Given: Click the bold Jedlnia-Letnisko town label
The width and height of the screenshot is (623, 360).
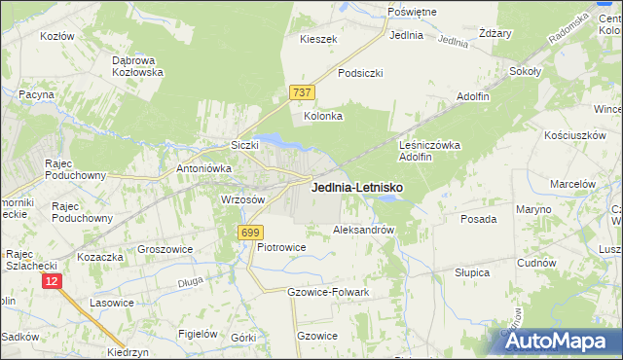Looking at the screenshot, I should click(x=357, y=188).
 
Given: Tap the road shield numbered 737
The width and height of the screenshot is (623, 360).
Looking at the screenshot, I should click(x=302, y=92).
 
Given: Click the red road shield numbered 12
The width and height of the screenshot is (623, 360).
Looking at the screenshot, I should click(x=52, y=280).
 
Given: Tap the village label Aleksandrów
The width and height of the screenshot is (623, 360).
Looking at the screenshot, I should click(x=363, y=231).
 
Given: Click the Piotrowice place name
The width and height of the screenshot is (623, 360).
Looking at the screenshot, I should click(x=281, y=247).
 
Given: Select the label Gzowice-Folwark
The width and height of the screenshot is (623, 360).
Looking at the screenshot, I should click(x=329, y=292).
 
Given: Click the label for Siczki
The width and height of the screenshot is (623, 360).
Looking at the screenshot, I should click(x=243, y=145).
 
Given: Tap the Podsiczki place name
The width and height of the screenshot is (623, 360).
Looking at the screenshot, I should click(x=360, y=73).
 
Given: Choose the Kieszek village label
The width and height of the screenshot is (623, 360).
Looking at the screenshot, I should click(x=318, y=39).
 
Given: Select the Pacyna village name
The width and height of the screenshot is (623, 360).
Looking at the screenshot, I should click(x=35, y=94).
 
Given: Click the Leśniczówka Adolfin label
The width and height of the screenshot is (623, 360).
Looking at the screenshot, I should click(x=429, y=150).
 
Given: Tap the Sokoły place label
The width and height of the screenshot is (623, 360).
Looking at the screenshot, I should click(x=525, y=71).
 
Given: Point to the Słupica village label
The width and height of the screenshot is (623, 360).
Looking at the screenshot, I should click(x=472, y=272).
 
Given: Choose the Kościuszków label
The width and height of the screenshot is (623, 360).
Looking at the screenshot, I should click(x=575, y=135).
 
